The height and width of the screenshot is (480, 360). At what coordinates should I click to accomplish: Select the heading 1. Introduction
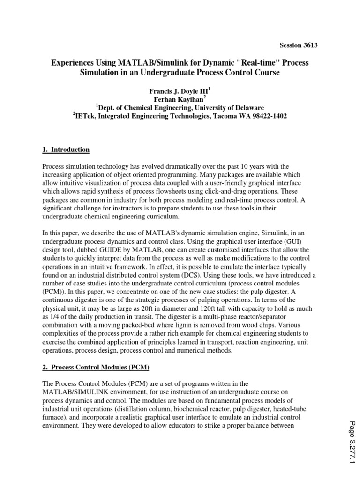pyautogui.click(x=66, y=150)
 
